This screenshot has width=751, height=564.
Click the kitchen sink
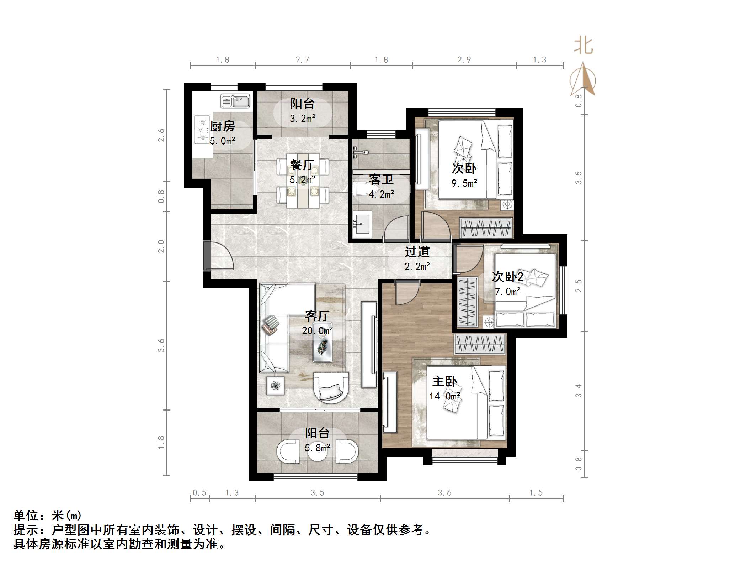(235, 101)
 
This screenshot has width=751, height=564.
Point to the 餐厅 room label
(302, 164)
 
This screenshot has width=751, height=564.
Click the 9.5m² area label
(464, 183)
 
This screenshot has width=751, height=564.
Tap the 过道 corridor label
(417, 252)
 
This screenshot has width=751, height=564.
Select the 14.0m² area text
(444, 396)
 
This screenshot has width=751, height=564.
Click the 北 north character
(583, 46)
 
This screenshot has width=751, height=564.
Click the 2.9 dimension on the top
(464, 60)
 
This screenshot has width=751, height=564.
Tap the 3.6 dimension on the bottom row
(444, 492)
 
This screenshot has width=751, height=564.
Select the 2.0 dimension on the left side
(161, 246)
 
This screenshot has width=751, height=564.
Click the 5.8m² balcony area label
(317, 448)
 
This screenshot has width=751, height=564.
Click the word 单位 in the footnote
(26, 515)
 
